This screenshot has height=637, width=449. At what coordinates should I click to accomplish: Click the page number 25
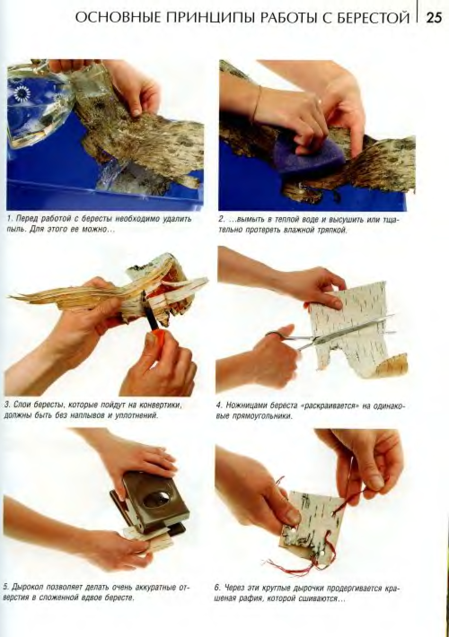point(434,19)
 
